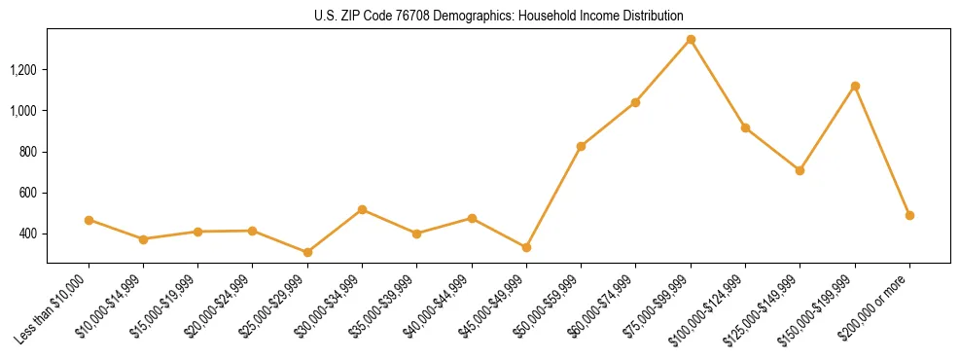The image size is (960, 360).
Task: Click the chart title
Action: pos(499,16)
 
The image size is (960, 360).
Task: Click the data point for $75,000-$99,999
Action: pos(691,39)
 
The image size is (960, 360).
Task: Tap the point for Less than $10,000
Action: pos(89,220)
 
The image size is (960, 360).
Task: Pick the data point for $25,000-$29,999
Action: pos(307,252)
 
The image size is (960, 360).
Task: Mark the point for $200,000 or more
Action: pos(909,215)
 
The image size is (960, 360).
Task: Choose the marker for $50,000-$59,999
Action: pos(581,146)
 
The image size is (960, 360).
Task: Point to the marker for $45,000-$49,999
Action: pos(526,247)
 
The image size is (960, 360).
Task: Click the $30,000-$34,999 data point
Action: pos(362,209)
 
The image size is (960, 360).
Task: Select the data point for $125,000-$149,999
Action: pos(800,170)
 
